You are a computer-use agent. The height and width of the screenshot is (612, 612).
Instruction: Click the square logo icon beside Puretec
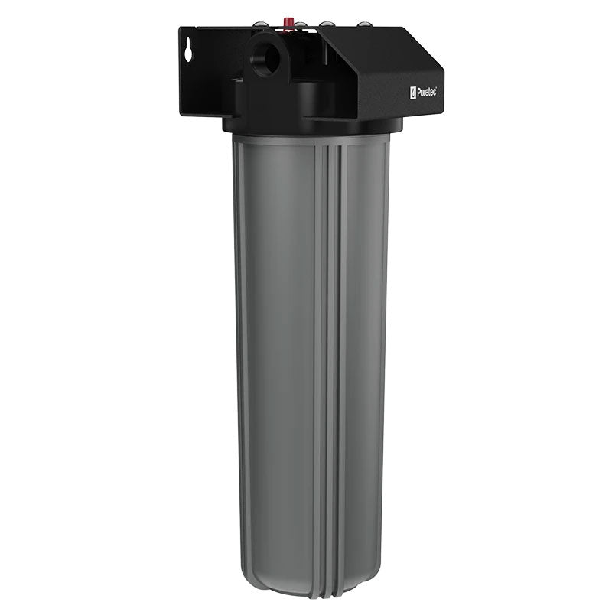[413, 93]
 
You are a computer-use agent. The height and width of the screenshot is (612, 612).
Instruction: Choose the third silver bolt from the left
[327, 24]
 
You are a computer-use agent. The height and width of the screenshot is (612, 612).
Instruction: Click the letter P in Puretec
[418, 93]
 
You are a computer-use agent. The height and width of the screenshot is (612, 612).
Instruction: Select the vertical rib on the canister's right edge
[387, 344]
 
